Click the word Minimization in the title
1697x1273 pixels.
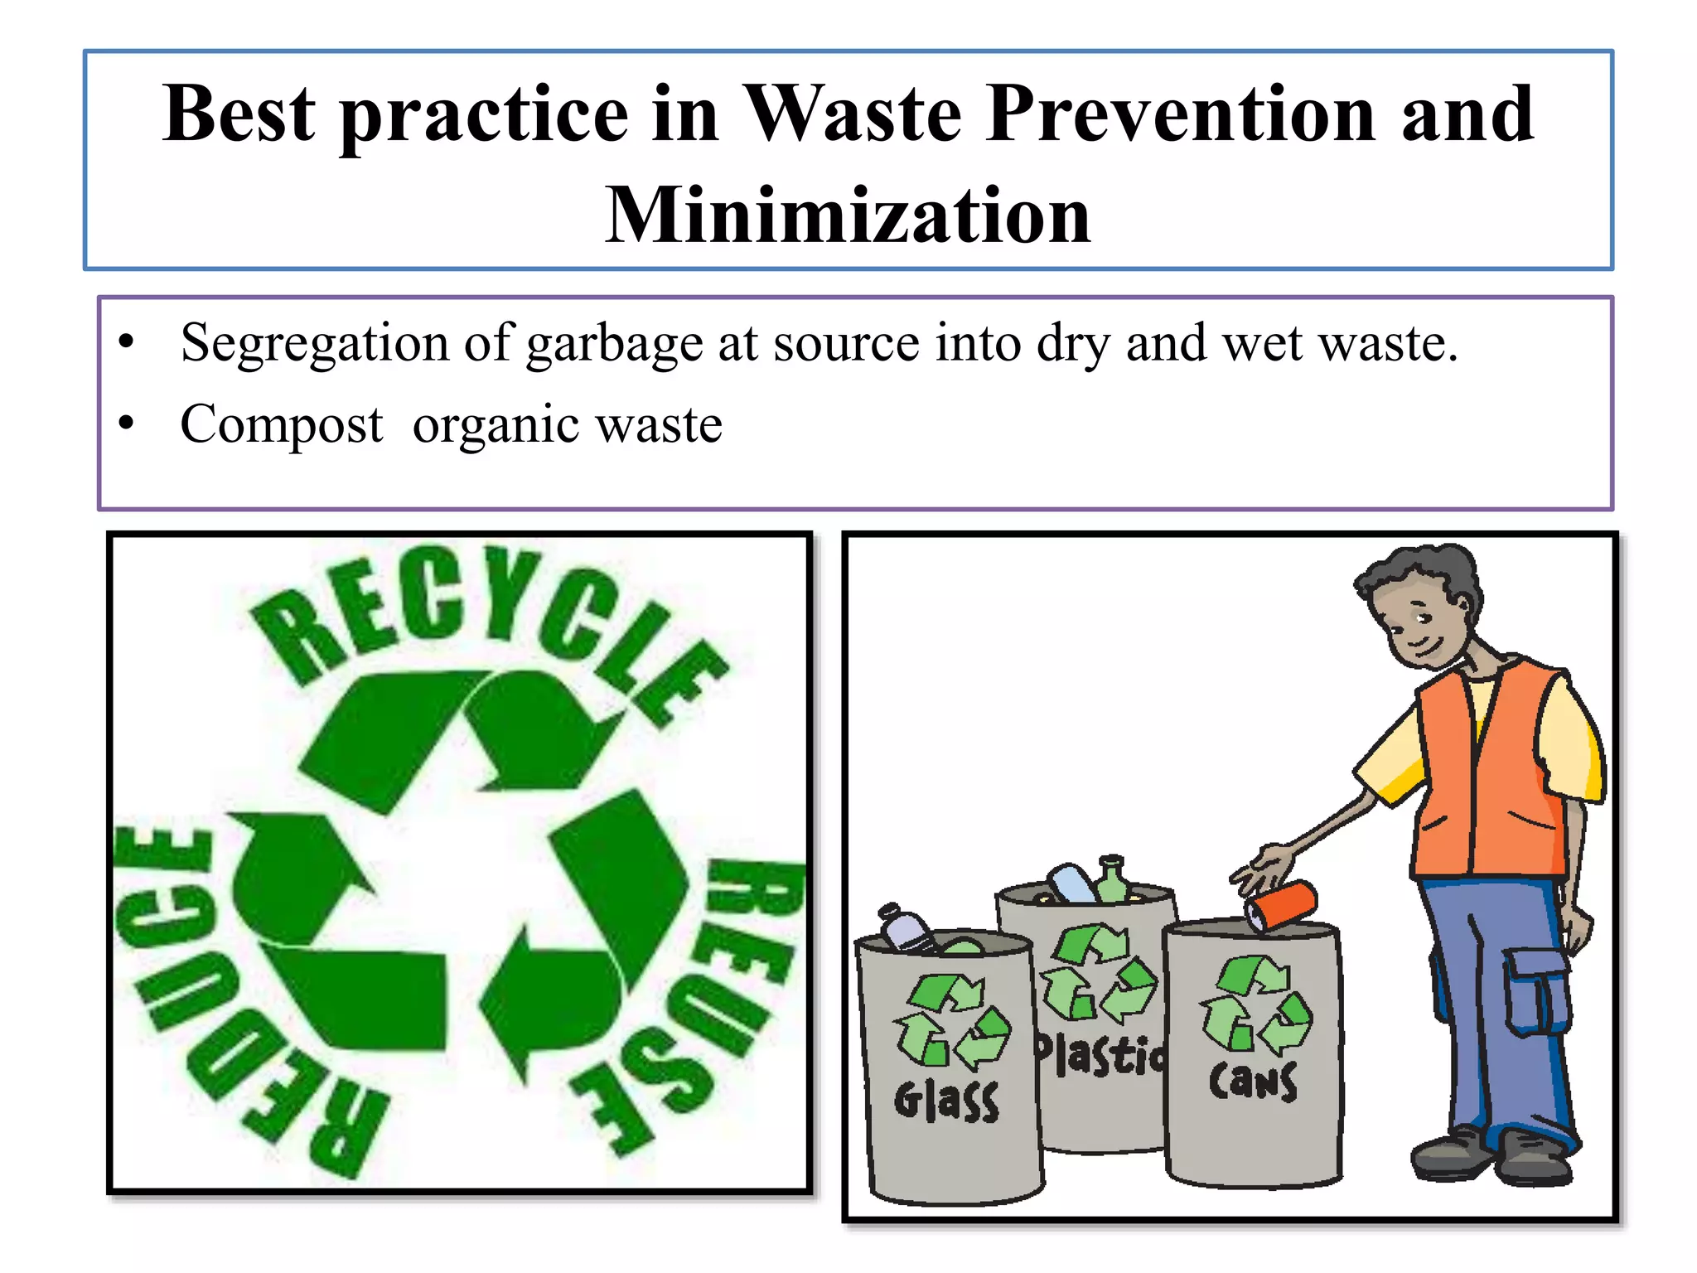848,215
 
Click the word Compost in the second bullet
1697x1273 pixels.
282,424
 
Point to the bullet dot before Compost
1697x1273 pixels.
126,424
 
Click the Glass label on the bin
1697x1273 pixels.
946,1101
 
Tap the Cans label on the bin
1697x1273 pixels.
1253,1082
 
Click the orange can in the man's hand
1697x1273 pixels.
1281,904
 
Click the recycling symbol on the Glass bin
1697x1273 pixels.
951,1021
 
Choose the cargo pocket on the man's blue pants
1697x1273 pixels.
1538,990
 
